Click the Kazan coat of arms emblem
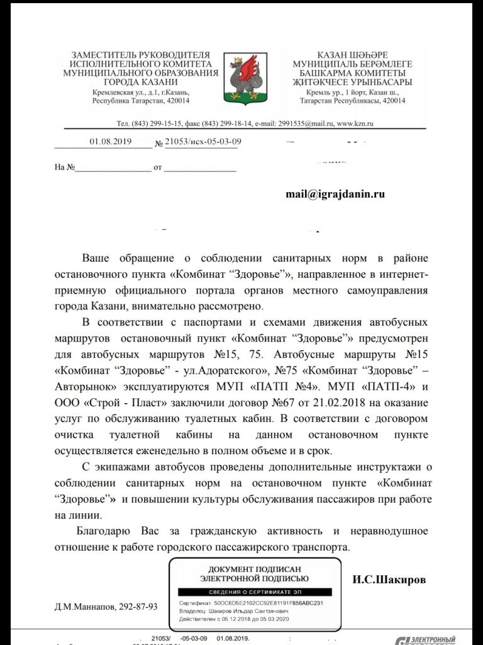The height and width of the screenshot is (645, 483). point(241,79)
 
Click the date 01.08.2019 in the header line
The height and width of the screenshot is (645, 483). point(110,142)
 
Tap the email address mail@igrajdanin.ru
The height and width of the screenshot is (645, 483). point(335,195)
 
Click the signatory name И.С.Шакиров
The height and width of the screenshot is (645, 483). point(390,579)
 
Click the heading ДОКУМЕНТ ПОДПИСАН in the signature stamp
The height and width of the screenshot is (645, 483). point(254,569)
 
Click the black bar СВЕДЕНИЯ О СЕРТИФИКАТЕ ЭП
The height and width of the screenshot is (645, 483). point(254,593)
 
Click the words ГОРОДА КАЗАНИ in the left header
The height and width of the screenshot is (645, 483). point(141,82)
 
